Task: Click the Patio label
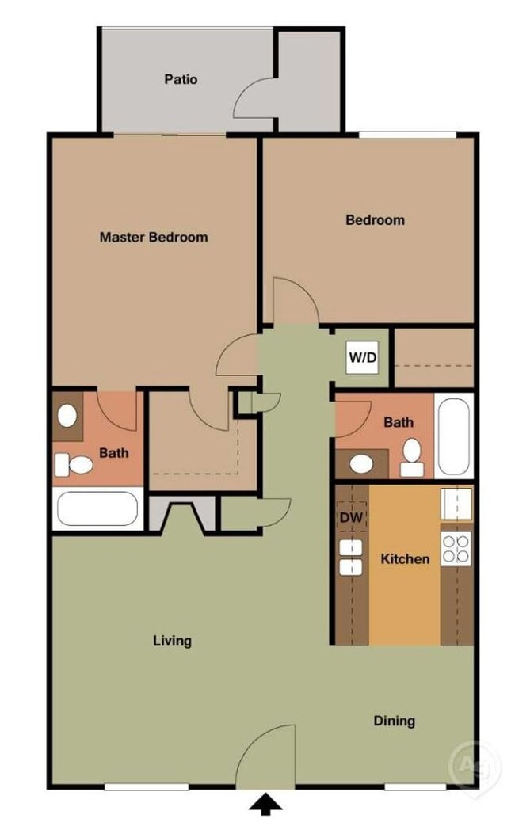coord(181,79)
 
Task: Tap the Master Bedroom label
coord(154,237)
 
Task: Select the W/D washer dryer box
coord(363,357)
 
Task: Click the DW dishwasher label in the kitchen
coord(350,518)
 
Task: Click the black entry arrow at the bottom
coord(265,805)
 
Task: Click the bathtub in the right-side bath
coord(454,436)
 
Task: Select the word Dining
coord(394,721)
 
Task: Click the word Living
coord(172,641)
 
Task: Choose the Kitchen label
coord(405,559)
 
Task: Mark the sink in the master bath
coord(67,417)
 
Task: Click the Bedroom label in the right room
coord(375,220)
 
